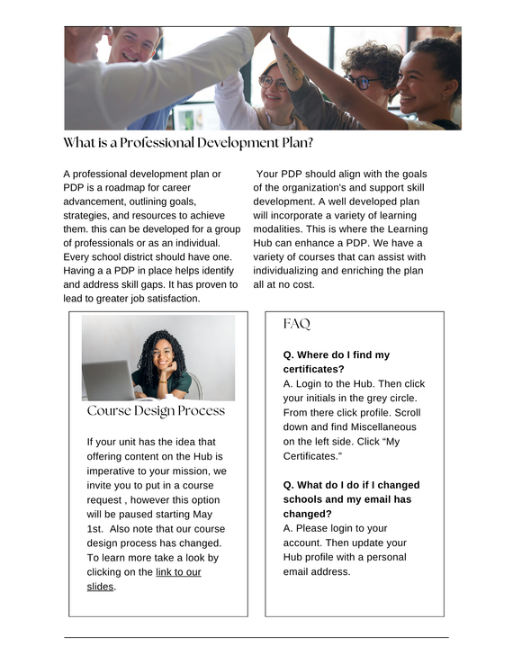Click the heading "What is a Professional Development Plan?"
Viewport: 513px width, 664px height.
pos(188,143)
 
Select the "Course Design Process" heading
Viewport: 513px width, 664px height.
pos(156,411)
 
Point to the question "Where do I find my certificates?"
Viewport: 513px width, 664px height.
pos(337,362)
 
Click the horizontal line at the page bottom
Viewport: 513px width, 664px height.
pos(256,638)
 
